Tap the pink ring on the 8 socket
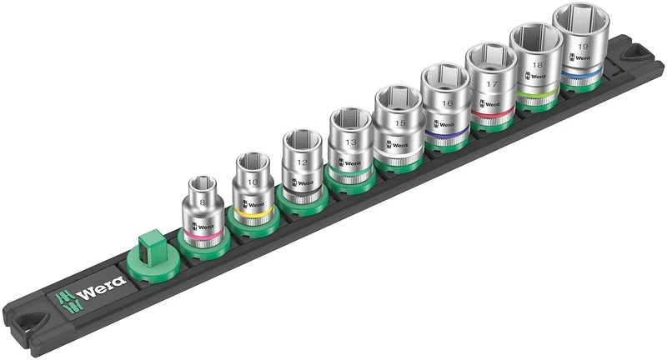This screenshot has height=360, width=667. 203,237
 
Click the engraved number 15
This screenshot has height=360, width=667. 399,123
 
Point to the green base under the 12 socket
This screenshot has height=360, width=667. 298,200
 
